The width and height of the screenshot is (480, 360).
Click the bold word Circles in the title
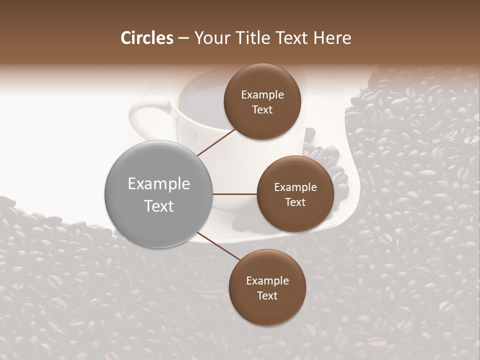pos(147,38)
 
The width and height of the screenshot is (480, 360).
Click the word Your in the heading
pos(210,38)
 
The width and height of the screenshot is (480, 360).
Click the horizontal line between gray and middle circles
pos(235,194)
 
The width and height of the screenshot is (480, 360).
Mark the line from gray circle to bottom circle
pos(218,246)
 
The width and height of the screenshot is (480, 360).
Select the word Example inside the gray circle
pos(158,184)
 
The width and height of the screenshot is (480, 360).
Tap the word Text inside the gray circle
pos(158,205)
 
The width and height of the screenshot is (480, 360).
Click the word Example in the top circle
pos(262,95)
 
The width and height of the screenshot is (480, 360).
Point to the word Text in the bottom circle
pos(267,295)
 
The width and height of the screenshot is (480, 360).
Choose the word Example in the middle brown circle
pos(295,187)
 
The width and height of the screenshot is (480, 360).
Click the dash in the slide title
pos(183,38)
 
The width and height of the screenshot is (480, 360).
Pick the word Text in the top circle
pos(262,109)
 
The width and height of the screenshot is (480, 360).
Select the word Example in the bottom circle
pos(267,281)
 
